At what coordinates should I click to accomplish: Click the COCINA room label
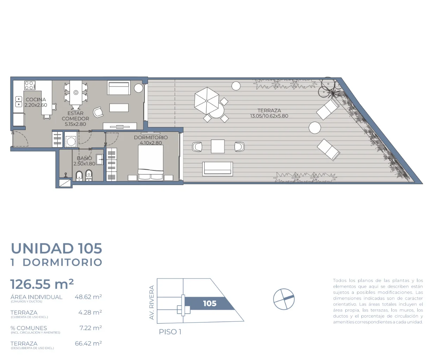coord(36,99)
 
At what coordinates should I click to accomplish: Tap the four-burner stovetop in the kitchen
coord(30,85)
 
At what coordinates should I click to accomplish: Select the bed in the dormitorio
coord(150,162)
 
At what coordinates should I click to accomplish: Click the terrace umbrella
coord(206,101)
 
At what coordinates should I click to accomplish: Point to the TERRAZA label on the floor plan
coord(269,110)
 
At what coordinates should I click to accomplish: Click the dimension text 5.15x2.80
coord(75,124)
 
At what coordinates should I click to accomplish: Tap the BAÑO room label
coord(84,158)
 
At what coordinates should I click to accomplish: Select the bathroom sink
coord(100,160)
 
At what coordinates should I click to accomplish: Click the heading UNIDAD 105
coord(56,248)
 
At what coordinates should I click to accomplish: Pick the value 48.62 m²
coord(88,297)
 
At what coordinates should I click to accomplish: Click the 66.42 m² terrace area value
coord(88,343)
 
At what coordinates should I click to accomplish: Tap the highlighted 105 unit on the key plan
coord(210,303)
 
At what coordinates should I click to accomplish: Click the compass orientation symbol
coord(284,299)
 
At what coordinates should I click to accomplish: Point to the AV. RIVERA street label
coord(152,302)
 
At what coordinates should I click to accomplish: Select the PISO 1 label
coord(170,332)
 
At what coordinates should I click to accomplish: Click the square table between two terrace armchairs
coord(218,146)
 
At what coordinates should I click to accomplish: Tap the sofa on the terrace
coord(217,169)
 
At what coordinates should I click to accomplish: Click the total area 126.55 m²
coord(42,284)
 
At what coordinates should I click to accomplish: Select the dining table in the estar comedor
coord(76,92)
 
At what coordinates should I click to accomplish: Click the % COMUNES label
coord(29,328)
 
